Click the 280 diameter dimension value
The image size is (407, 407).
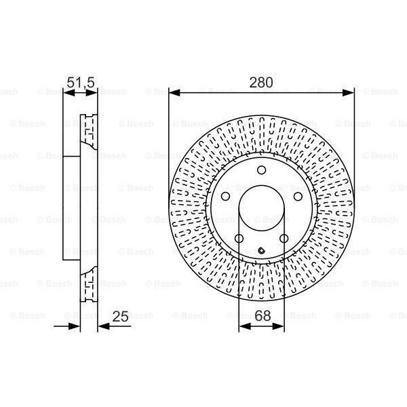(261, 83)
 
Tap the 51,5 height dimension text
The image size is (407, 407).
(80, 83)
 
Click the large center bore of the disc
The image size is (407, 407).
(261, 210)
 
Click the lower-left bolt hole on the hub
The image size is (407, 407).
(239, 237)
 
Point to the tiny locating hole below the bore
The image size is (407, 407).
(261, 253)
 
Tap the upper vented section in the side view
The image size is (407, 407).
(88, 136)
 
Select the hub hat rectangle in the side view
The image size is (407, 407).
(71, 210)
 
